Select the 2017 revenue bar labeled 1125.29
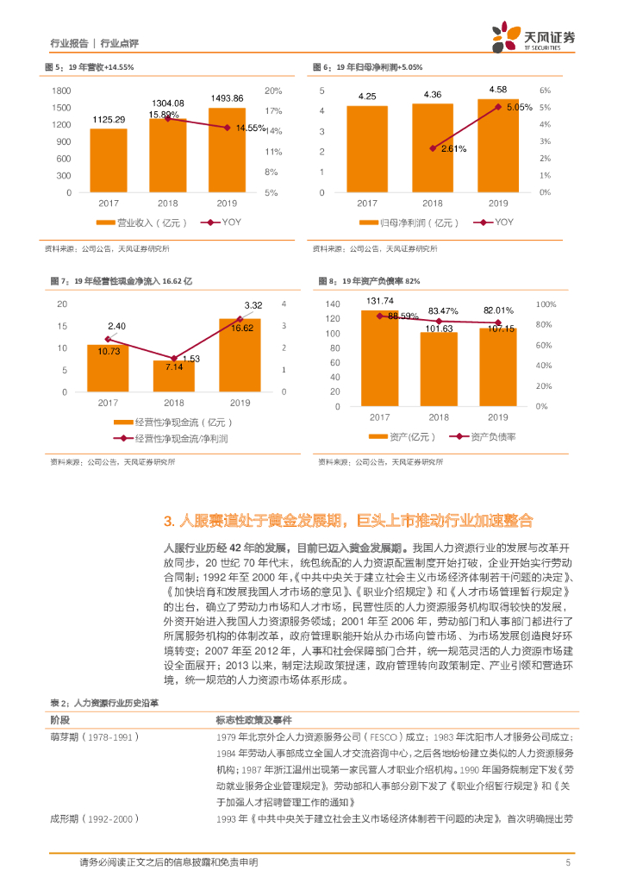(109, 160)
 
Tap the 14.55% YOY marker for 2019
(228, 128)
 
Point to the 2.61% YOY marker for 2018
(433, 148)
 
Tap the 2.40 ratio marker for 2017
(109, 338)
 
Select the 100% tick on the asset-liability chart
(545, 304)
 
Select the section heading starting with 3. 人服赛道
(348, 521)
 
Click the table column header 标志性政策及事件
(253, 719)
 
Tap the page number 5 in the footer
(567, 861)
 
